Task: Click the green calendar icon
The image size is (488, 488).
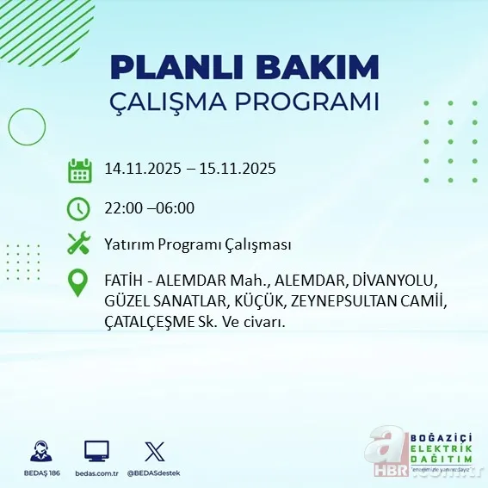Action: tap(79, 170)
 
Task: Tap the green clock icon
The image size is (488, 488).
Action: tap(79, 208)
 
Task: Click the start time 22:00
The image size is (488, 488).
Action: tap(120, 207)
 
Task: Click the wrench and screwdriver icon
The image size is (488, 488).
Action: tap(79, 244)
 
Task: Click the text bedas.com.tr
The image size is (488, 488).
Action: tap(96, 473)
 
